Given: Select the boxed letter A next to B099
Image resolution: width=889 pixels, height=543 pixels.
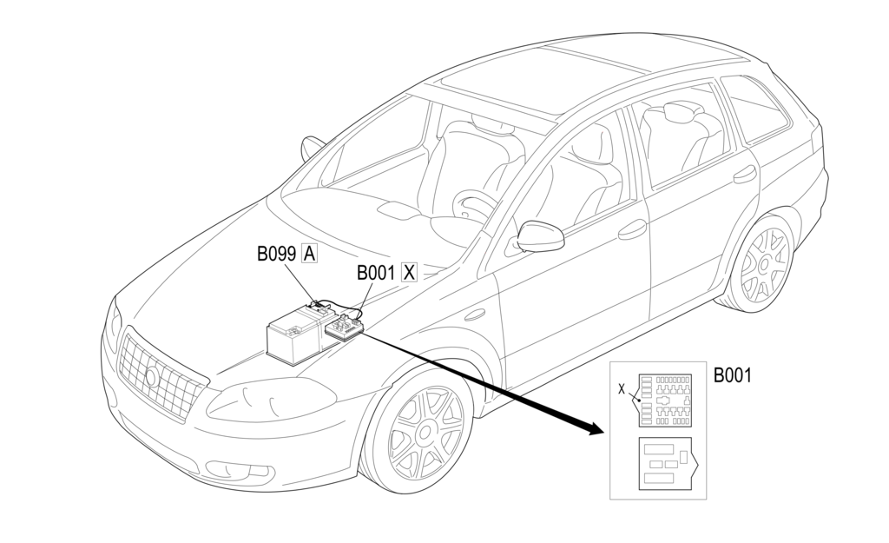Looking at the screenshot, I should tap(309, 254).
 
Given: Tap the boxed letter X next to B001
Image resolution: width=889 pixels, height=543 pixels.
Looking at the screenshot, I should tap(409, 272).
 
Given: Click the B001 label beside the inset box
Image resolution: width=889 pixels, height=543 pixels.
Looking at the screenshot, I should tap(733, 375).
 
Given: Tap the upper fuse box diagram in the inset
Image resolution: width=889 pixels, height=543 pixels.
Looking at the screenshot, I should tap(665, 400).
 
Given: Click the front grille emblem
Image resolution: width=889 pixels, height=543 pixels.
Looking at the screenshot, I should tap(153, 376).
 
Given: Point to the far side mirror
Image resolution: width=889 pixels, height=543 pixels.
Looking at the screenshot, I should tap(312, 149).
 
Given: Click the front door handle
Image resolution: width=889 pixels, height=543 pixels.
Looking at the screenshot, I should tap(632, 229).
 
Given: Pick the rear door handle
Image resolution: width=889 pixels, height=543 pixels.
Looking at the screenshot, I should tap(744, 175).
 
